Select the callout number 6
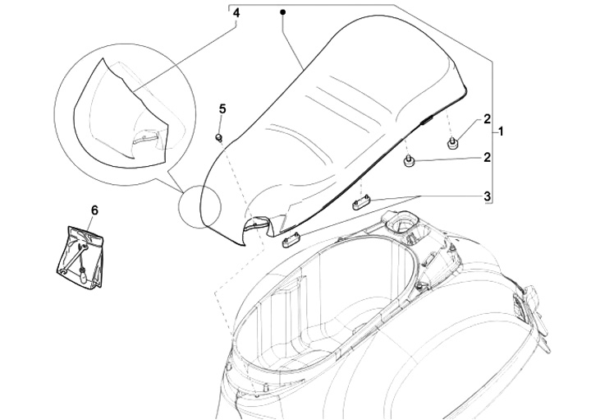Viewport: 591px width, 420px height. coord(94,211)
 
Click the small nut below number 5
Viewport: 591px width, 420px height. coord(220,136)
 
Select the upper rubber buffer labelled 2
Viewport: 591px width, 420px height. coord(451,144)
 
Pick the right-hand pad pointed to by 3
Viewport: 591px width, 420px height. coord(363,203)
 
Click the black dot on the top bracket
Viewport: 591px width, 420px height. coord(282,12)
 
